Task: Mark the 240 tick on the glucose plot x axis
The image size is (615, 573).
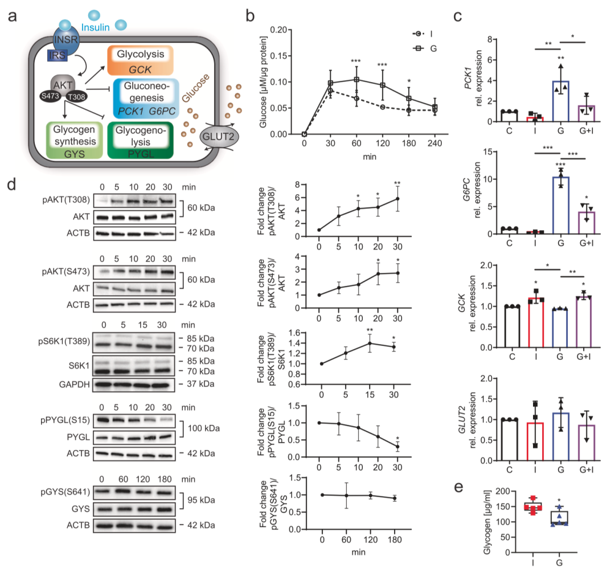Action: click(434, 144)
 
